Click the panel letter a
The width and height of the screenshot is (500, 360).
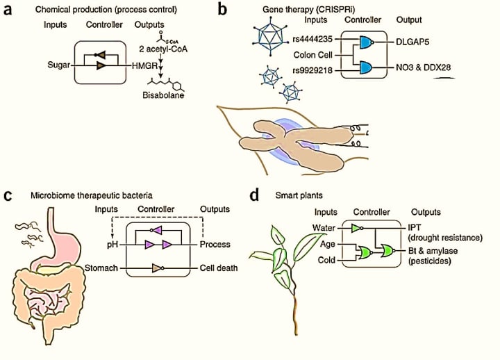pyautogui.click(x=9, y=10)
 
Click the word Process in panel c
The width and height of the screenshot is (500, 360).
pyautogui.click(x=215, y=245)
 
